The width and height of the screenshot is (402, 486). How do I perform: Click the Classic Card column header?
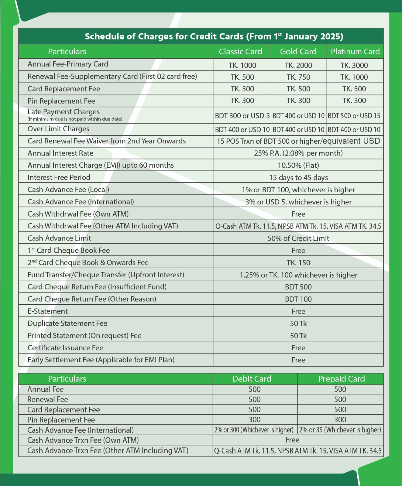pos(240,52)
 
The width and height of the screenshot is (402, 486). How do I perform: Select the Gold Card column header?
pos(298,52)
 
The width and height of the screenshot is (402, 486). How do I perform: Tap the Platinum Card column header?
pos(355,52)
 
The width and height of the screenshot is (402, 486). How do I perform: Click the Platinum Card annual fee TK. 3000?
pos(354,65)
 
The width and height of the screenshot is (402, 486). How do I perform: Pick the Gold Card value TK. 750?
pos(298,77)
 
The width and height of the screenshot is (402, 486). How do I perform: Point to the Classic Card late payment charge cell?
pos(242,116)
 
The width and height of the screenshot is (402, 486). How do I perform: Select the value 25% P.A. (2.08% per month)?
pos(298,153)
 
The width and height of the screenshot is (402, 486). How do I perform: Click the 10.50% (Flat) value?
pos(298,165)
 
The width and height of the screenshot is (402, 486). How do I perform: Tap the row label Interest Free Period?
pos(59,177)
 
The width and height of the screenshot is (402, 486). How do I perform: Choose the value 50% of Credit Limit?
pos(298,238)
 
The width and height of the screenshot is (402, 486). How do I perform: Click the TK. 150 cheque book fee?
pos(298,262)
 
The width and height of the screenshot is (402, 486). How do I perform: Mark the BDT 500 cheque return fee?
pos(298,287)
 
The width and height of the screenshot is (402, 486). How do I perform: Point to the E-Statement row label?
pos(48,311)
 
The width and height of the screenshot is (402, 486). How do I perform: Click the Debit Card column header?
pos(252,379)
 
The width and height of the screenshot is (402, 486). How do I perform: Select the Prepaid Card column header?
pos(341,379)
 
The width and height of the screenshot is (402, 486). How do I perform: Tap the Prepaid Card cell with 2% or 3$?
pos(340,430)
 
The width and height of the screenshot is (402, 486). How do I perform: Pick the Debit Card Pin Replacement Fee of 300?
pos(255,419)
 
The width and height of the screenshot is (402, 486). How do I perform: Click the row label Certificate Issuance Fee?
pos(65,347)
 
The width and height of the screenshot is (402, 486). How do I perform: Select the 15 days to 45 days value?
pos(298,177)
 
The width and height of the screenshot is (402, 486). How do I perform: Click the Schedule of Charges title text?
pos(214,36)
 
